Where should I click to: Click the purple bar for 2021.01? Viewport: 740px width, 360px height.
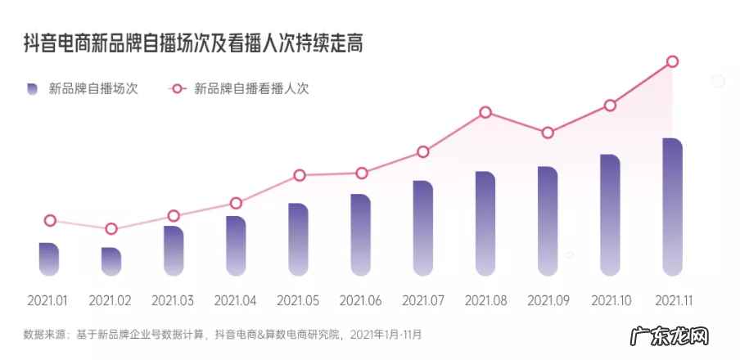[49, 259]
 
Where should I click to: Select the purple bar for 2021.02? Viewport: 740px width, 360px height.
[111, 261]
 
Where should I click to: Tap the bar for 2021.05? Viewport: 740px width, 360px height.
[298, 239]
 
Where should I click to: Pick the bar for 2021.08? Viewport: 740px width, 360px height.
[485, 223]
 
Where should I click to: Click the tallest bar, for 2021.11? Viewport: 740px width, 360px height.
[672, 206]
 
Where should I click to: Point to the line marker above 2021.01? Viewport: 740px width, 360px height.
[49, 220]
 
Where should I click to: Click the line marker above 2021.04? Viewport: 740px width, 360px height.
[236, 203]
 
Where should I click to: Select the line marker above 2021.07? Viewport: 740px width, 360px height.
[423, 151]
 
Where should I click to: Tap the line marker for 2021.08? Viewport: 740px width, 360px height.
[485, 112]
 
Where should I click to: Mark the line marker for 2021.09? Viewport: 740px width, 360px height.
[548, 133]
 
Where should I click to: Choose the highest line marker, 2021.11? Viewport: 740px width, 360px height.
[672, 61]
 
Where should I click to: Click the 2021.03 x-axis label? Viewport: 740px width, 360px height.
[174, 300]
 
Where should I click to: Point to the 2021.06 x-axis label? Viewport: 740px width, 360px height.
[360, 300]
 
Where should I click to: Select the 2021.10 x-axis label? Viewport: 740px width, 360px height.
[610, 300]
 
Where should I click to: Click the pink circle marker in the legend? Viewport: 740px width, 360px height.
[178, 88]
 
